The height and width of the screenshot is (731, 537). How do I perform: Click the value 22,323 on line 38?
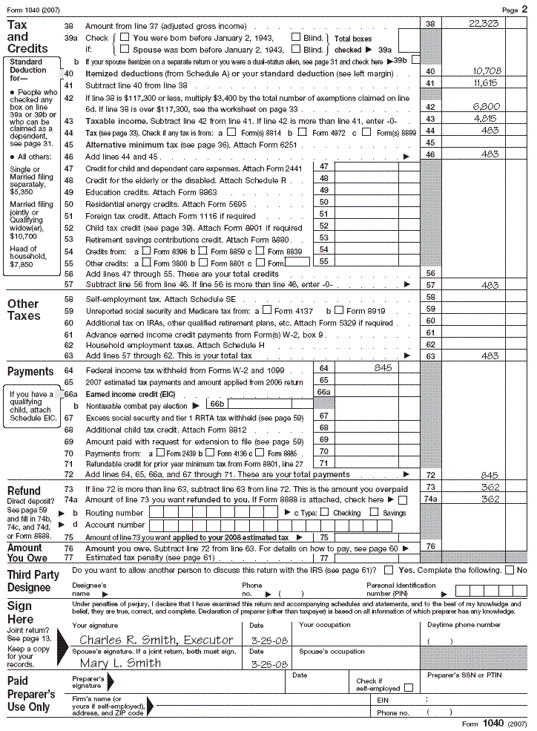pos(484,24)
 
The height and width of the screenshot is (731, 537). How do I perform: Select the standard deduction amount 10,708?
pos(487,71)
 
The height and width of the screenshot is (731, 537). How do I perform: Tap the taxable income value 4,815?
pos(491,119)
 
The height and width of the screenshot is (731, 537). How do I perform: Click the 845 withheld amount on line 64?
pos(383,367)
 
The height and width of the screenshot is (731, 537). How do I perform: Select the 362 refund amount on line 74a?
pos(490,499)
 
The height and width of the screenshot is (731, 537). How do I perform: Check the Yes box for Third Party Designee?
pos(389,570)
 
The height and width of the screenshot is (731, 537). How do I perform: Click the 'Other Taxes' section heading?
pos(23,309)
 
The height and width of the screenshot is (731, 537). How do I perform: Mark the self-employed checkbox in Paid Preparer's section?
pos(409,688)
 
